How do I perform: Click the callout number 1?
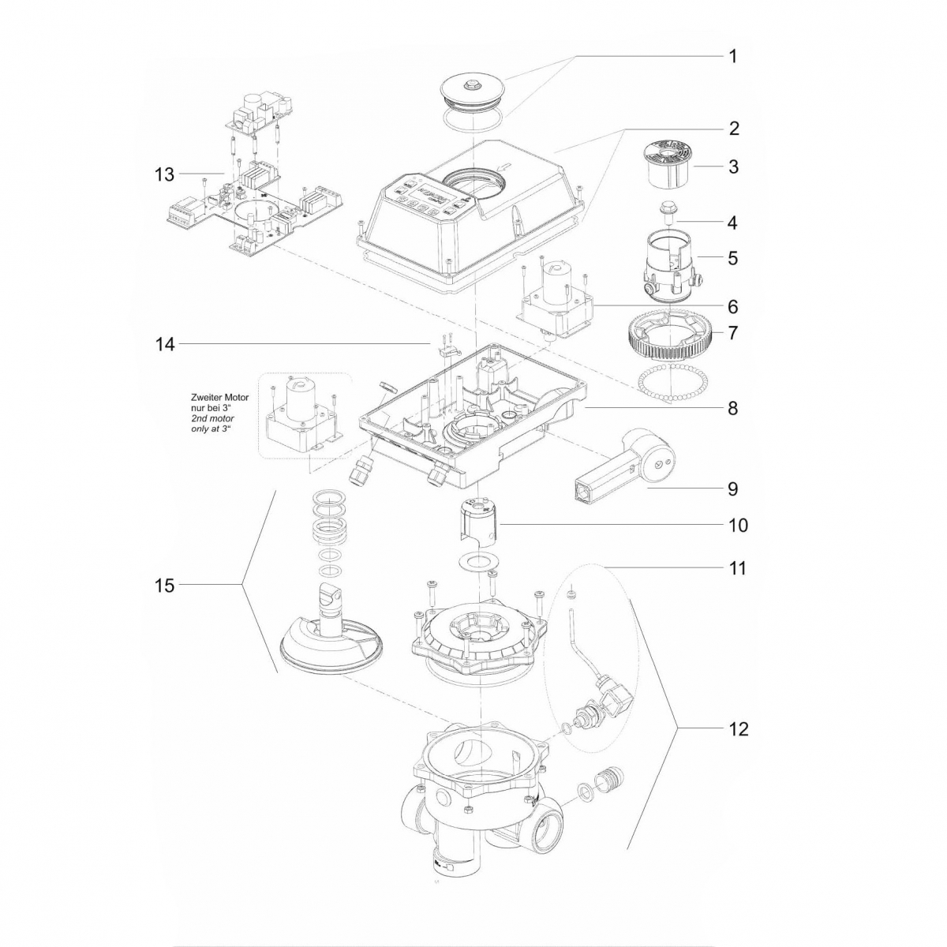coord(732,57)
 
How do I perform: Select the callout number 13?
coord(164,174)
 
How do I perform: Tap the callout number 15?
coord(165,585)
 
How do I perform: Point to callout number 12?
coord(738,728)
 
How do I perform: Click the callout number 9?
coord(732,489)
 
